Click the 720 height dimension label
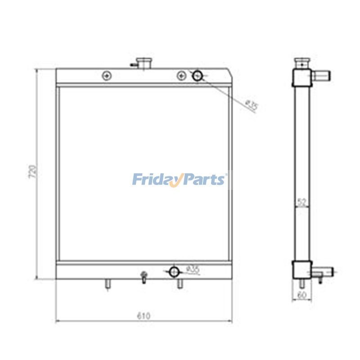pyautogui.click(x=32, y=172)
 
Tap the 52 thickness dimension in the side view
pyautogui.click(x=302, y=202)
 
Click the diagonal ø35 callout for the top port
pyautogui.click(x=252, y=106)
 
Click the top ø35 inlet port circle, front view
pyautogui.click(x=198, y=76)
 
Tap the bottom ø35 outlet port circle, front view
pyautogui.click(x=174, y=271)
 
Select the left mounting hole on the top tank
pyautogui.click(x=106, y=76)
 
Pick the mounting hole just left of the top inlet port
pyautogui.click(x=181, y=76)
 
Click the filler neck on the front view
pyautogui.click(x=144, y=63)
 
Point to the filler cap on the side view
pyautogui.click(x=301, y=62)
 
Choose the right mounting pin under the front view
pyautogui.click(x=180, y=284)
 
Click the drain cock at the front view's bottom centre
pyautogui.click(x=144, y=277)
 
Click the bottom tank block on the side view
pyautogui.click(x=301, y=270)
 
